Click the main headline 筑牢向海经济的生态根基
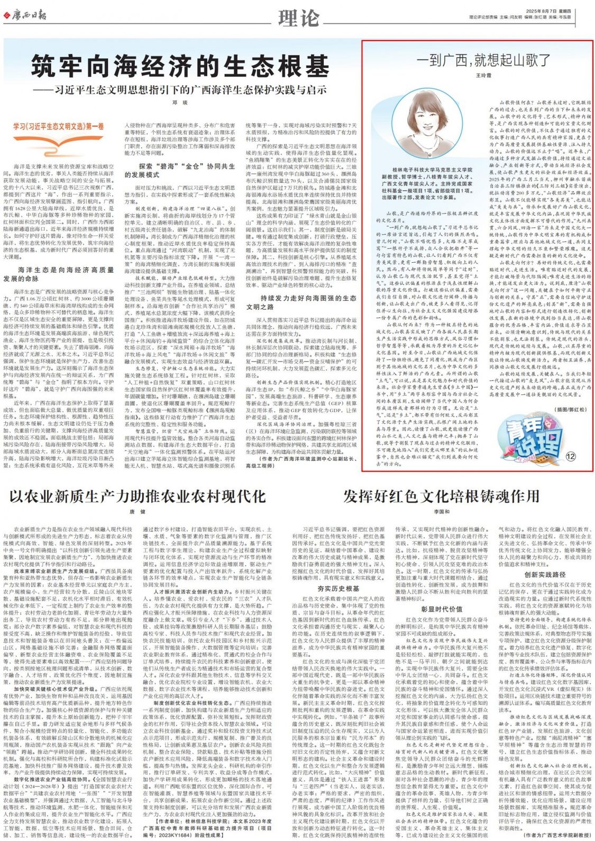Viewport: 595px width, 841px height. [x=180, y=67]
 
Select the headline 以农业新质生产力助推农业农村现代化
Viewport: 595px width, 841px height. [x=138, y=496]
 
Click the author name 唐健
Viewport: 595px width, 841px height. [x=137, y=512]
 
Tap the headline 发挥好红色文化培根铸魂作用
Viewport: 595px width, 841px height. [x=442, y=496]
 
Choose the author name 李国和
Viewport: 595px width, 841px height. [x=442, y=512]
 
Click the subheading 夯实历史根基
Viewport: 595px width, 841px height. [x=338, y=588]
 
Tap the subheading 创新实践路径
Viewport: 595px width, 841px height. [x=545, y=575]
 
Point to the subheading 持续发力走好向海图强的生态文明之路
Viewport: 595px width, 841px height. [x=301, y=302]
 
